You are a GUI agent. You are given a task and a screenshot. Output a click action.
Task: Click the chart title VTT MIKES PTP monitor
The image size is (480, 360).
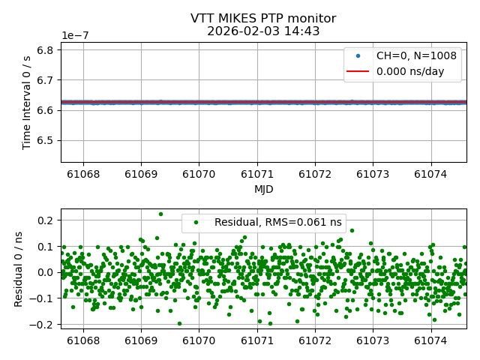tap(263, 19)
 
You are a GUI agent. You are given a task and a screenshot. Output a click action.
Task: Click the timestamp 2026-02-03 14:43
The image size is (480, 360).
tap(263, 31)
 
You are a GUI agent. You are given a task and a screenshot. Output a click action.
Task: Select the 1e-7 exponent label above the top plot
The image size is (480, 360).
tap(76, 36)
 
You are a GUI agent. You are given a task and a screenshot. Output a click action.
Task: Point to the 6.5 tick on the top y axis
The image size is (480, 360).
tap(46, 140)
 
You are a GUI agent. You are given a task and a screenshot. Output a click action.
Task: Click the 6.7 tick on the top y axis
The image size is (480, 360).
tap(46, 80)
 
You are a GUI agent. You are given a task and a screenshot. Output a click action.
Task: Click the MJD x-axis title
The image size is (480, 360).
tap(263, 189)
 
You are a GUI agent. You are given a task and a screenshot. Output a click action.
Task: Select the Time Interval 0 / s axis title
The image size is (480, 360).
tap(27, 102)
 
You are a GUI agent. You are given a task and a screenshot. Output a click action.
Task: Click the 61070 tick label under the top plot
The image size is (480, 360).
tap(199, 175)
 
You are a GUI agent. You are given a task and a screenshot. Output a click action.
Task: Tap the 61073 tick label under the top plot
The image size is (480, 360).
tap(373, 175)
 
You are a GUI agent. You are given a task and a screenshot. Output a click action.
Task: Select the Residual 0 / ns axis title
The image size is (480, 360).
tap(19, 267)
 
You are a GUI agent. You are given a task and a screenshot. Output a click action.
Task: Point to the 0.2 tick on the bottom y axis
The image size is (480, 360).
tap(46, 220)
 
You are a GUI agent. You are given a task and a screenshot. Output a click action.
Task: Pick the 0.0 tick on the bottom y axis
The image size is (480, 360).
tap(46, 272)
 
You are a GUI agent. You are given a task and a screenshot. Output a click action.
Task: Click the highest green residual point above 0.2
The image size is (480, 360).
tap(160, 214)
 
